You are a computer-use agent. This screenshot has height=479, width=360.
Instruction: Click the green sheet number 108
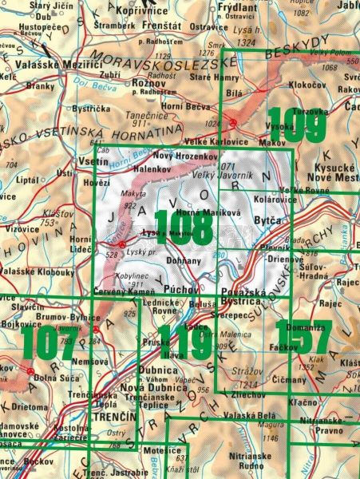183,228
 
